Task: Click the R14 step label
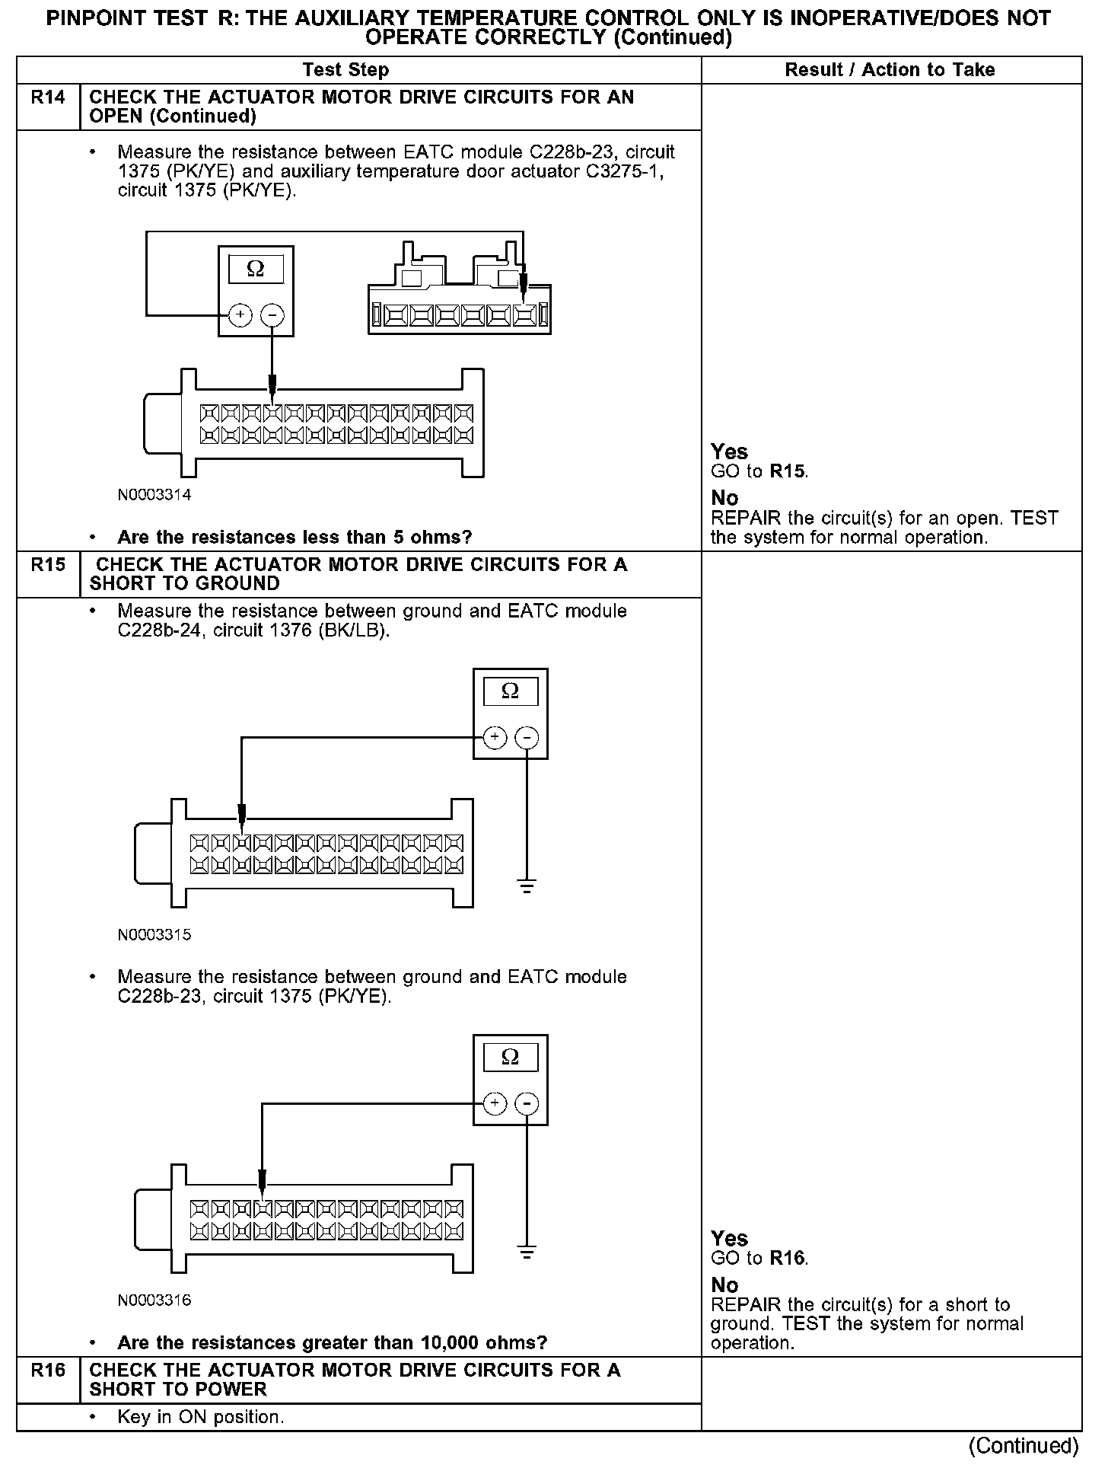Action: point(48,98)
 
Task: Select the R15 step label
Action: point(48,565)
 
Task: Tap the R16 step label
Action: point(48,1371)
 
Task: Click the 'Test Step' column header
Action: point(345,70)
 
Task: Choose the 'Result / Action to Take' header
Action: point(890,70)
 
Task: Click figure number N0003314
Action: point(154,495)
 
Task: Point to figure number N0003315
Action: point(154,935)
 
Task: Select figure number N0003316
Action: point(154,1300)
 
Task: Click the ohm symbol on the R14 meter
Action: point(256,270)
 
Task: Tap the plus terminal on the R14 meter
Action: point(240,314)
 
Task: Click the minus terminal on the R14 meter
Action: point(272,314)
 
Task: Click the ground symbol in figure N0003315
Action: point(527,886)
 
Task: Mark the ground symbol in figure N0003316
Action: point(527,1252)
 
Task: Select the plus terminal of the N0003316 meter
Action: point(495,1103)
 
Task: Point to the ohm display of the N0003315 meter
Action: point(511,691)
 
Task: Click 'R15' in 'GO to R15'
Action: point(787,471)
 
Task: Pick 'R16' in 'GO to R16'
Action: point(787,1259)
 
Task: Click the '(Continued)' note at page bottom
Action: point(1024,1445)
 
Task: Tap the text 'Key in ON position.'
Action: point(201,1418)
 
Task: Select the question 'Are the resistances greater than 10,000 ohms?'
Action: point(332,1342)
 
